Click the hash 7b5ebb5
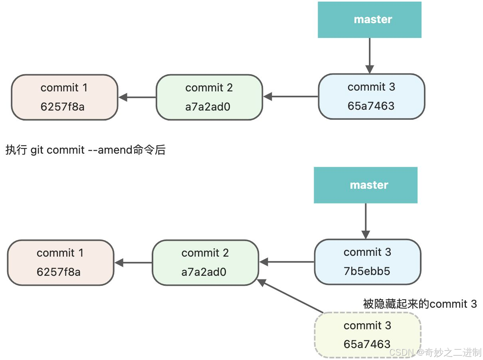click(367, 271)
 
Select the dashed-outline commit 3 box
click(368, 334)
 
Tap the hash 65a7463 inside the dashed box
click(367, 344)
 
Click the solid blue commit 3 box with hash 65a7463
click(371, 96)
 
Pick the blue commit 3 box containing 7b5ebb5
click(367, 261)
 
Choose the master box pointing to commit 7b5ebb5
click(365, 185)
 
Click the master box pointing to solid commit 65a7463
click(369, 20)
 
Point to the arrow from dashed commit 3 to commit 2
click(290, 296)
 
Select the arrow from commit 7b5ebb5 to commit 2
click(287, 262)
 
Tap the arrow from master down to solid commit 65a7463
click(369, 55)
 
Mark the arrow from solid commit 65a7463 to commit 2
click(291, 97)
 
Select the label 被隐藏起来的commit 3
click(420, 304)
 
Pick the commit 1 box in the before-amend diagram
click(65, 97)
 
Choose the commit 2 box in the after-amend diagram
click(205, 263)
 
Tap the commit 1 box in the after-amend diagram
click(61, 263)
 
